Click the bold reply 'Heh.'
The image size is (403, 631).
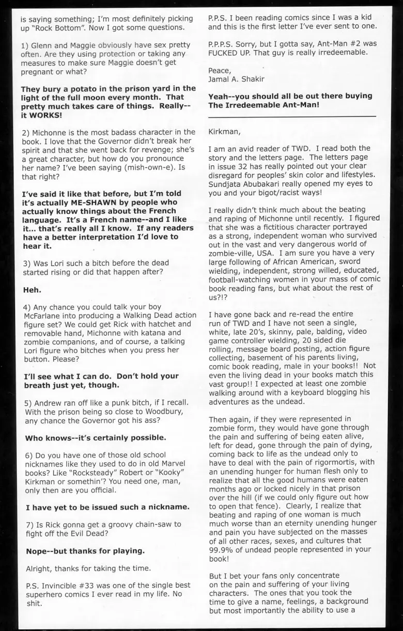[33, 290]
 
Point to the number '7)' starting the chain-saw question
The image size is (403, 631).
[30, 524]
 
